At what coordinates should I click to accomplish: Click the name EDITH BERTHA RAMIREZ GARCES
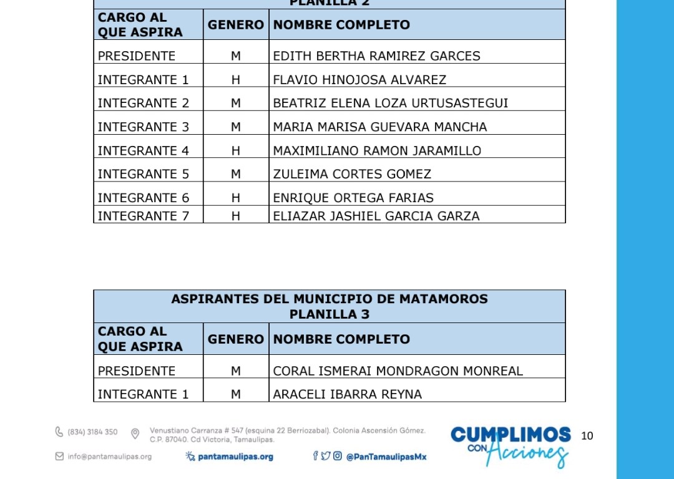pos(376,56)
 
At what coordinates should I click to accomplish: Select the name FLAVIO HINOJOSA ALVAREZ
pos(359,80)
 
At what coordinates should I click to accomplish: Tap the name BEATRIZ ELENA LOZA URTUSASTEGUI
pos(391,103)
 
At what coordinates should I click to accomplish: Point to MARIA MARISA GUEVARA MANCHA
pos(379,127)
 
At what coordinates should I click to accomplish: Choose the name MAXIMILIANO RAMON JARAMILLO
pos(377,151)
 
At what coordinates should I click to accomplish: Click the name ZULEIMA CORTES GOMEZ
pos(352,174)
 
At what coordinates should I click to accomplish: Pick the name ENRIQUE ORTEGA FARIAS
pos(353,198)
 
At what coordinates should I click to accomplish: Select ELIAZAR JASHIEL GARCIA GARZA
pos(376,216)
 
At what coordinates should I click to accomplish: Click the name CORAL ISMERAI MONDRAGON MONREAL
pos(398,371)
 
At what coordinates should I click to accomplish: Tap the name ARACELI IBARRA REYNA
pos(347,394)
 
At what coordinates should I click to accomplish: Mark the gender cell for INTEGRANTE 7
pos(236,216)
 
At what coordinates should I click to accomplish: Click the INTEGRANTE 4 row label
pos(143,151)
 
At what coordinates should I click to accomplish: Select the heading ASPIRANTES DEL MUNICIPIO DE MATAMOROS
pos(330,299)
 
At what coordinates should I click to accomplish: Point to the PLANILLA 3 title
pos(330,314)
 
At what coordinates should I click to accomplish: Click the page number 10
pos(587,436)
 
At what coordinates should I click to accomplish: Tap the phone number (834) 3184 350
pos(92,432)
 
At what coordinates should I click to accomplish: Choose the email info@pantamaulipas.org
pos(109,457)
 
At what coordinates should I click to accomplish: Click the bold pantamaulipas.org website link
pos(235,457)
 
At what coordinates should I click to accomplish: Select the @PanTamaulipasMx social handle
pos(386,457)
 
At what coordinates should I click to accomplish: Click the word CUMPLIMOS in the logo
pos(510,434)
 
